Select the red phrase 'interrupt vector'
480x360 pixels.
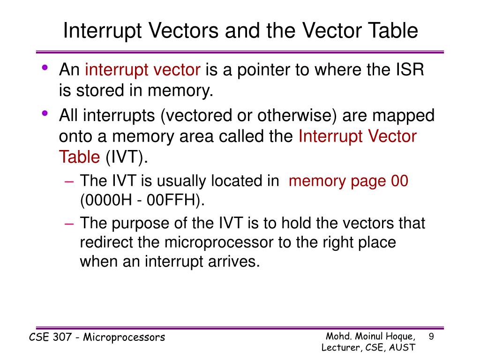142,70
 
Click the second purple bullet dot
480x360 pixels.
45,113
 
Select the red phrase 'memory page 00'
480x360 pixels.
349,181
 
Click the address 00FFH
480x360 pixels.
175,200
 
